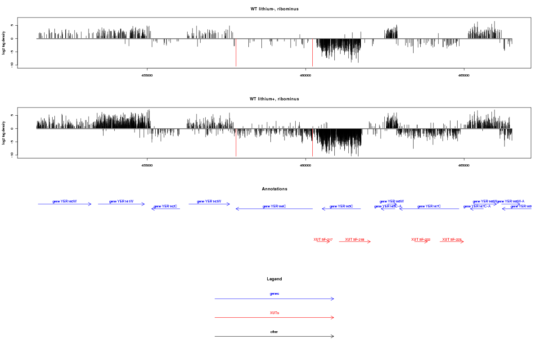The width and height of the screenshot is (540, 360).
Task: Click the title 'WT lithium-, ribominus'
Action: [274, 9]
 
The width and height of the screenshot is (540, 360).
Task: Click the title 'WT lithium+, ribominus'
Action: [274, 99]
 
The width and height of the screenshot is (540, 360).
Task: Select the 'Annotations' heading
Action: [274, 189]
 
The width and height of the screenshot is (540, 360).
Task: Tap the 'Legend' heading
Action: [274, 279]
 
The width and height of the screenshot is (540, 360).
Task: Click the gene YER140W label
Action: [65, 201]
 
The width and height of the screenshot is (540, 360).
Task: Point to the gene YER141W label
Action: [121, 201]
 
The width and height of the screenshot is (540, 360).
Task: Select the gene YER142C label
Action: [166, 206]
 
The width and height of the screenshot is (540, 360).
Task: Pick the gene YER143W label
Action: [209, 201]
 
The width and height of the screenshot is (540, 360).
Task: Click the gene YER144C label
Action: [274, 206]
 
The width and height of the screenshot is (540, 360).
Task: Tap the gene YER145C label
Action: [341, 206]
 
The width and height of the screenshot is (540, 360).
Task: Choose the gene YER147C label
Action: [429, 206]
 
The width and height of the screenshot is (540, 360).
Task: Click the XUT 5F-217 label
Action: [323, 239]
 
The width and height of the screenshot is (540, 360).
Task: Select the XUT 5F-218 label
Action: [355, 239]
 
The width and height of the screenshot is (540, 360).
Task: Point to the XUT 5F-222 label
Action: [421, 239]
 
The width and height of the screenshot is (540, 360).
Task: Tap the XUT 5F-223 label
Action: [452, 239]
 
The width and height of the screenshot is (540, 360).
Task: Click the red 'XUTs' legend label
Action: [274, 313]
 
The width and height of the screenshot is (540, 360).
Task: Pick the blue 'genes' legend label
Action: [274, 294]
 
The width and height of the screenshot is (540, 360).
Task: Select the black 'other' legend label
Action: [274, 332]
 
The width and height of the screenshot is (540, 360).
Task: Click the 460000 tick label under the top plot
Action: [306, 75]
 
